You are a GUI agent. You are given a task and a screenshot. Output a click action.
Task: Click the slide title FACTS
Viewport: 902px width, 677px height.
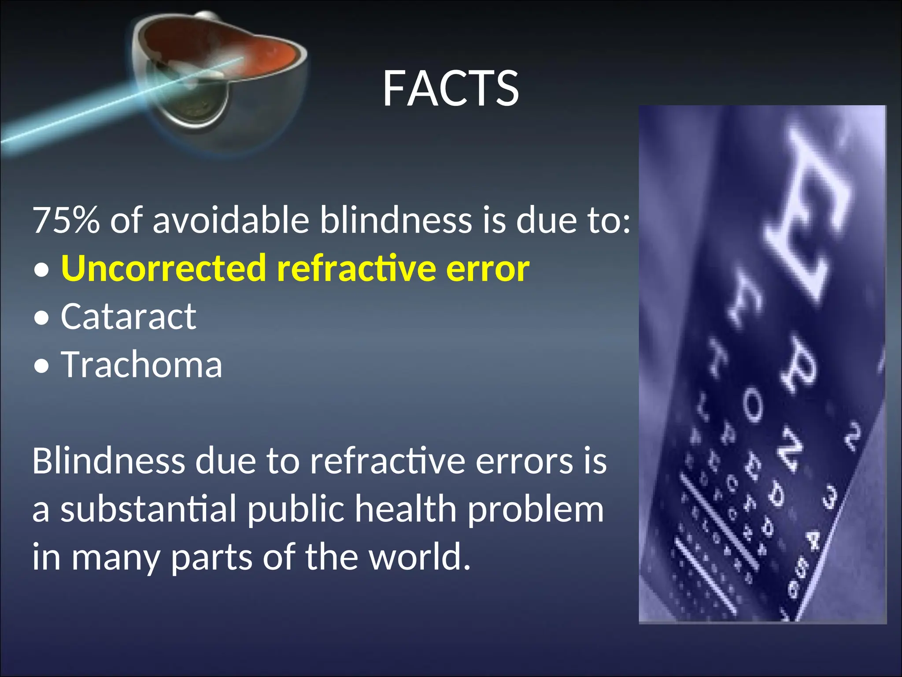coord(451,89)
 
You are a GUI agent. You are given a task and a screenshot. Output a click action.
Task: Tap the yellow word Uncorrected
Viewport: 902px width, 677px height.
coord(163,268)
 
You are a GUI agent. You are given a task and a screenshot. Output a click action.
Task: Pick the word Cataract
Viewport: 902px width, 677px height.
coord(128,316)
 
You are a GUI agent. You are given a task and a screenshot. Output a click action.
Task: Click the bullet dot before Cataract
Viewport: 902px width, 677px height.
coord(41,318)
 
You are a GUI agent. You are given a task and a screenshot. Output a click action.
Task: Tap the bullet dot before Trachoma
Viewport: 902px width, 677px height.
coord(41,366)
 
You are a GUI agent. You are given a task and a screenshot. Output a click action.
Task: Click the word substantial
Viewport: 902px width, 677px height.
coord(148,509)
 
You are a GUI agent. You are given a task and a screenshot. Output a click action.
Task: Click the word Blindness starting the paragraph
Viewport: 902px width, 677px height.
coord(108,461)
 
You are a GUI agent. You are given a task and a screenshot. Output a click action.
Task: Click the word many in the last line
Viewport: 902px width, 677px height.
coord(115,558)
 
